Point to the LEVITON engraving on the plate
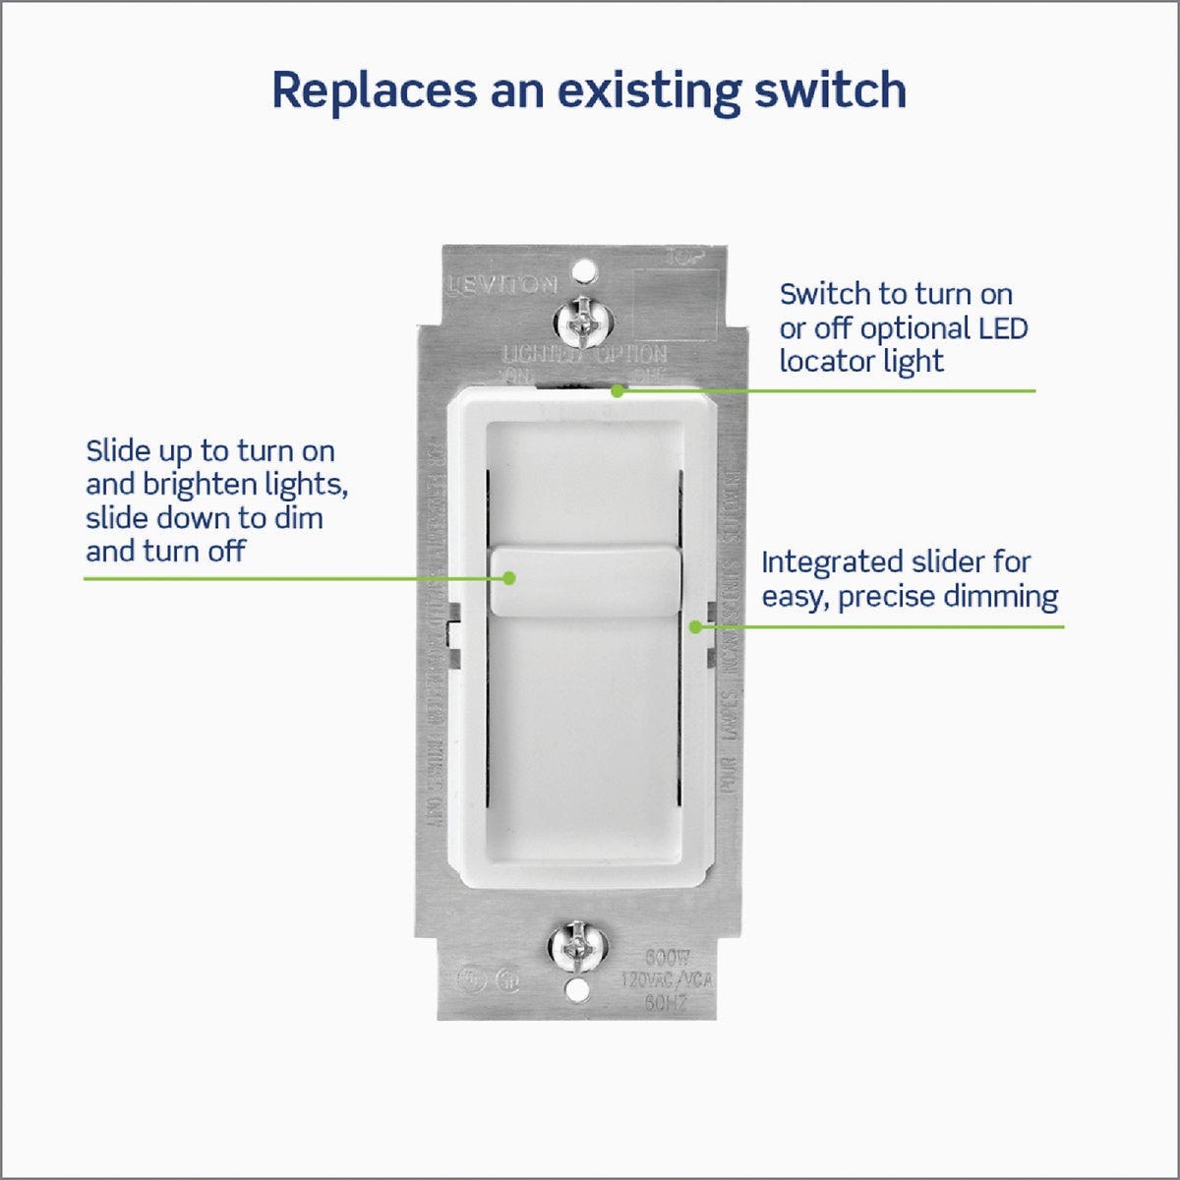502,285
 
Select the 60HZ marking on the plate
666,1002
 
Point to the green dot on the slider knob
508,578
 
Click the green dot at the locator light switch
617,390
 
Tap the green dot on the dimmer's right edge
695,625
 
